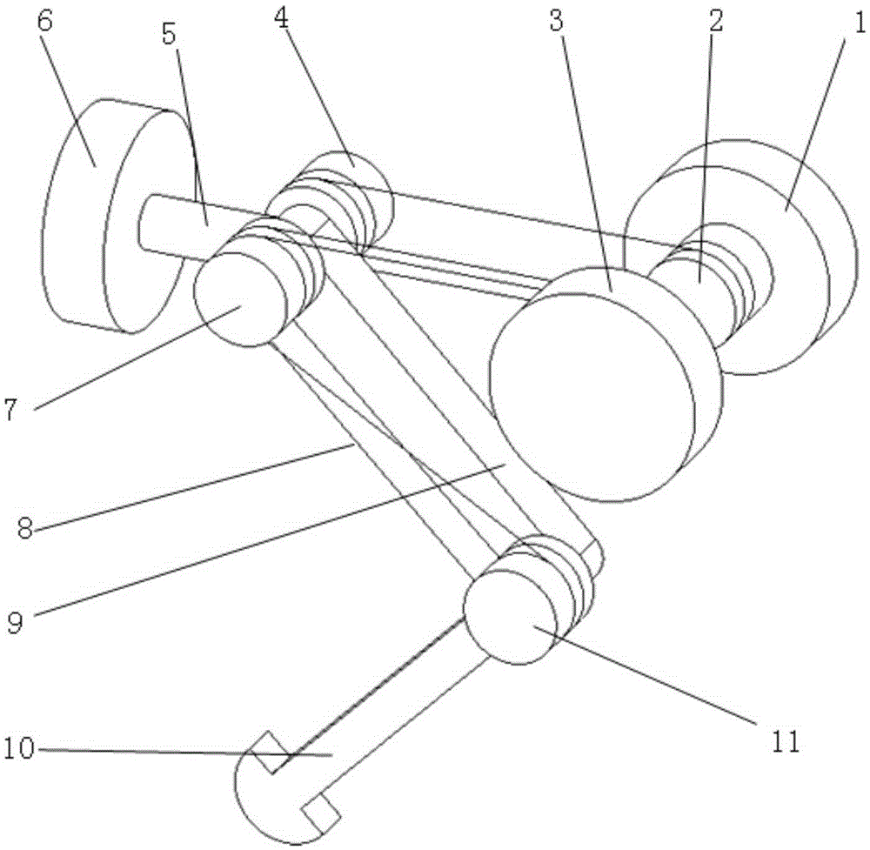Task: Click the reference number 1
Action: (858, 23)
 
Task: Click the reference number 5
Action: (169, 34)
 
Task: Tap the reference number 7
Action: (11, 410)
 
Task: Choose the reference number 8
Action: (25, 527)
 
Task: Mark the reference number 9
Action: (15, 622)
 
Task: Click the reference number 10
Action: (19, 748)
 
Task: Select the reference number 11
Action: (784, 741)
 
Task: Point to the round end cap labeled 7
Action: (240, 299)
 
